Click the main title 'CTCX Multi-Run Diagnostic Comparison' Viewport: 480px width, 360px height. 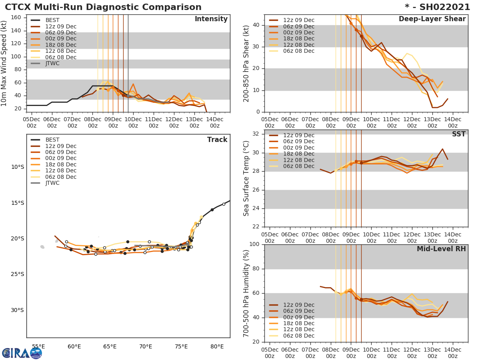pos(103,7)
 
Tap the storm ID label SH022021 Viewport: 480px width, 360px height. pos(442,7)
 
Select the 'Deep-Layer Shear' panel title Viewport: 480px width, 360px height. pos(432,19)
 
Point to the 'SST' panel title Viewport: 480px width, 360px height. pos(458,134)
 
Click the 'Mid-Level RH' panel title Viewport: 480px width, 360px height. pos(441,249)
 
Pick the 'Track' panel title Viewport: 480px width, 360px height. pos(217,140)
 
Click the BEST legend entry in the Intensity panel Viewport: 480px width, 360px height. pos(52,20)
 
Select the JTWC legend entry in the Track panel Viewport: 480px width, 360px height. pos(52,183)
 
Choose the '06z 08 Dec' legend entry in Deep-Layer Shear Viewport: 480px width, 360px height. pos(298,51)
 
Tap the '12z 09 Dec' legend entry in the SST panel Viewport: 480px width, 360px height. pos(298,135)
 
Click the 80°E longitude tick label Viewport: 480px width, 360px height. pos(217,347)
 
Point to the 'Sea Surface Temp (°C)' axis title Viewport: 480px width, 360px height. pos(247,178)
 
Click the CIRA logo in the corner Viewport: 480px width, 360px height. pos(22,353)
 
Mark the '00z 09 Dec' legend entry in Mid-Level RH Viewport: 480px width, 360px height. pos(298,318)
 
